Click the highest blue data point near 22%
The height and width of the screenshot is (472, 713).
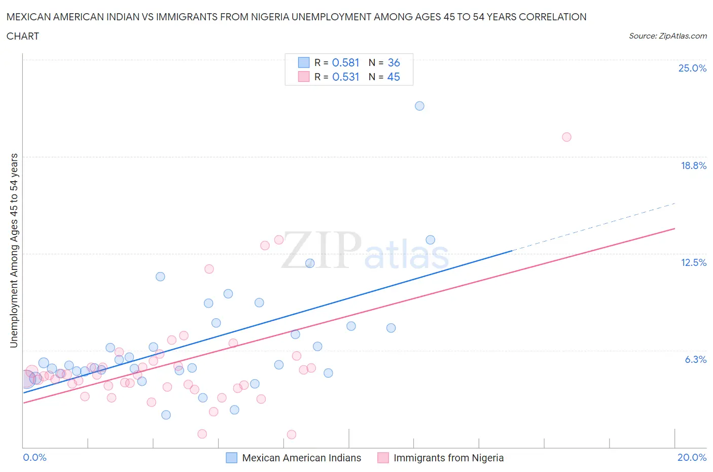point(419,106)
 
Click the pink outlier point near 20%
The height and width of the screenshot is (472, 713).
point(566,137)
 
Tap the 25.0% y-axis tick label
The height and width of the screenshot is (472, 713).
point(692,69)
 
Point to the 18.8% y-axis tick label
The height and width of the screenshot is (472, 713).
point(693,165)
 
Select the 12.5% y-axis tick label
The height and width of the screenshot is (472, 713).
point(693,262)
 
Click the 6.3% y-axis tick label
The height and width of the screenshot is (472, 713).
point(695,359)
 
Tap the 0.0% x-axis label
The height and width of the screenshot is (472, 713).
point(34,457)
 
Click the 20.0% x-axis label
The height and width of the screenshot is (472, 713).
point(692,457)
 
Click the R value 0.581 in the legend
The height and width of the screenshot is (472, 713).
point(345,62)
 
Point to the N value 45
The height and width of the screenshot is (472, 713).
point(394,77)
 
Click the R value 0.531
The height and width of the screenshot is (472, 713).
point(345,77)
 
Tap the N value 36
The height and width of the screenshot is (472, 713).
point(394,62)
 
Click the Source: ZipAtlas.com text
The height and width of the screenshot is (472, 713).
point(667,36)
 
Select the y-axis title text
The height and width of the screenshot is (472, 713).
point(14,250)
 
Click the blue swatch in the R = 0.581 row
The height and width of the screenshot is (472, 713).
point(303,62)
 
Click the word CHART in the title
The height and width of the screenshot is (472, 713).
point(23,36)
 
